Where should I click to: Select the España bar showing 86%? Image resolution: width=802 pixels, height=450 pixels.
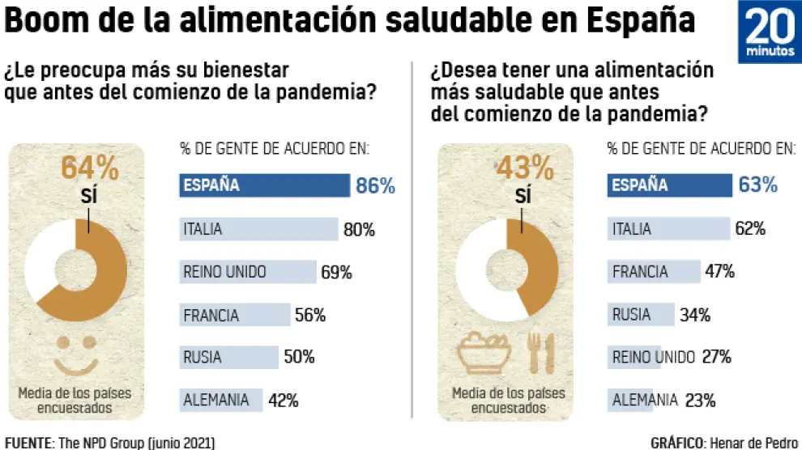(x=264, y=185)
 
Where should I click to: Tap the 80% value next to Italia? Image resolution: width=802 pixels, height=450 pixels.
(x=359, y=230)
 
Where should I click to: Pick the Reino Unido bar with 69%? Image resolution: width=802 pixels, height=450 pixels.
(x=247, y=272)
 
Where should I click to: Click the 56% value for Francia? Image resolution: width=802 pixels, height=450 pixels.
(x=309, y=316)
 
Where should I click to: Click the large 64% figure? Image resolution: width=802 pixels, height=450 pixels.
(x=90, y=169)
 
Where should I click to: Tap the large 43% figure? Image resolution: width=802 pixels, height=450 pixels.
(x=523, y=169)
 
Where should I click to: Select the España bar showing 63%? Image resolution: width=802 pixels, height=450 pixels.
(x=669, y=185)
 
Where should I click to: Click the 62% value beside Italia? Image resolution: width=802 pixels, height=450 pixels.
(x=749, y=229)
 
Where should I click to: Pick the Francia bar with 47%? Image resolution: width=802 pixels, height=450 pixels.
(x=654, y=272)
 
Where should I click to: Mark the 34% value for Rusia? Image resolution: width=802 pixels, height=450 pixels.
(x=694, y=315)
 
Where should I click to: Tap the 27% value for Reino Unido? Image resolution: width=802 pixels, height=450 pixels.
(x=716, y=357)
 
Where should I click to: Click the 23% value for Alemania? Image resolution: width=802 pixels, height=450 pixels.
(x=700, y=399)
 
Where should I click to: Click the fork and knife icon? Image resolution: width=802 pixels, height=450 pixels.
(x=540, y=353)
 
